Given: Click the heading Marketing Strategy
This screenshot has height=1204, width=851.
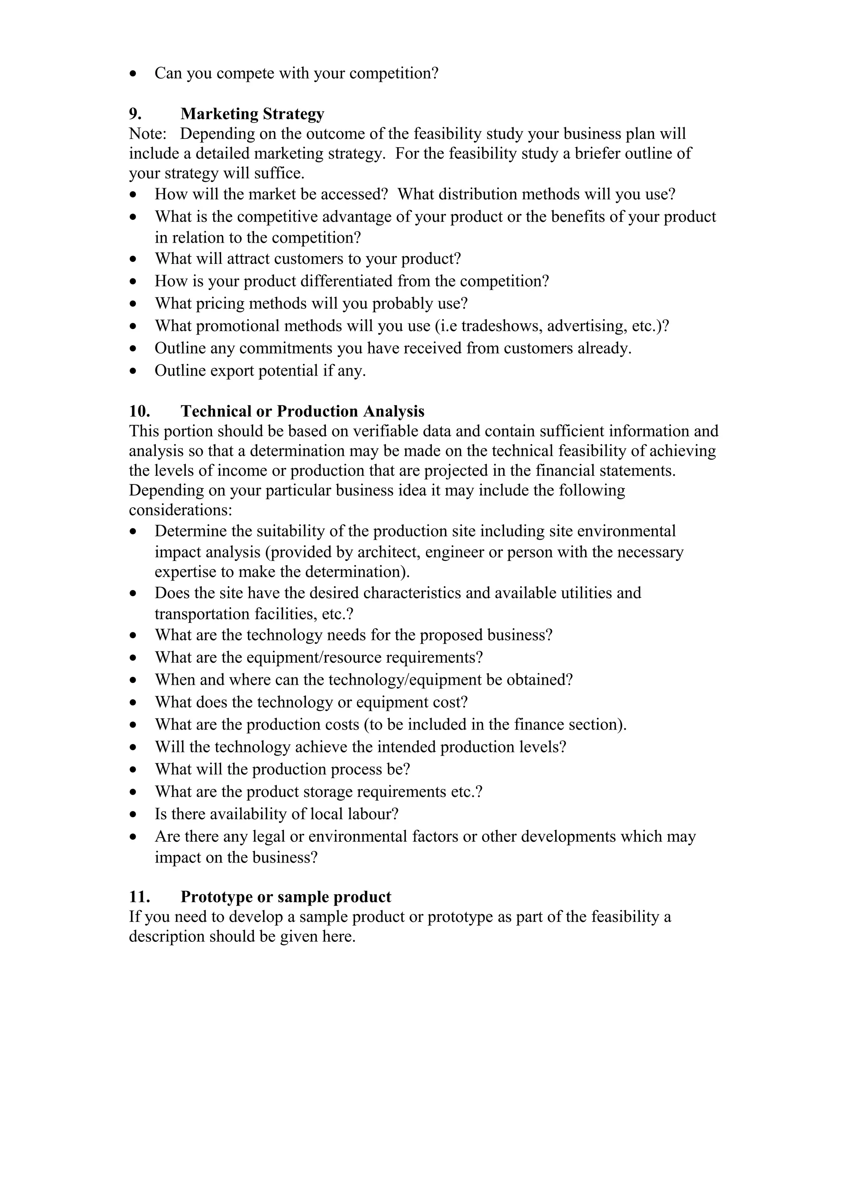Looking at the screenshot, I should (x=252, y=114).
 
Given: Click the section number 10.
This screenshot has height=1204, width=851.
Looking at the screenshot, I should (x=140, y=411).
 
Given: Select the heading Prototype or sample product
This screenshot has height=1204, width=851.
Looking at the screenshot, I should (x=286, y=897).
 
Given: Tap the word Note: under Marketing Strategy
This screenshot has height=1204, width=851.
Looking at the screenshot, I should (x=148, y=134).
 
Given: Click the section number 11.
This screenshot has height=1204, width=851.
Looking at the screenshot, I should (x=140, y=897).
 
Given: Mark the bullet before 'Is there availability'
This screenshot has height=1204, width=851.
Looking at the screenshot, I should (x=135, y=814).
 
